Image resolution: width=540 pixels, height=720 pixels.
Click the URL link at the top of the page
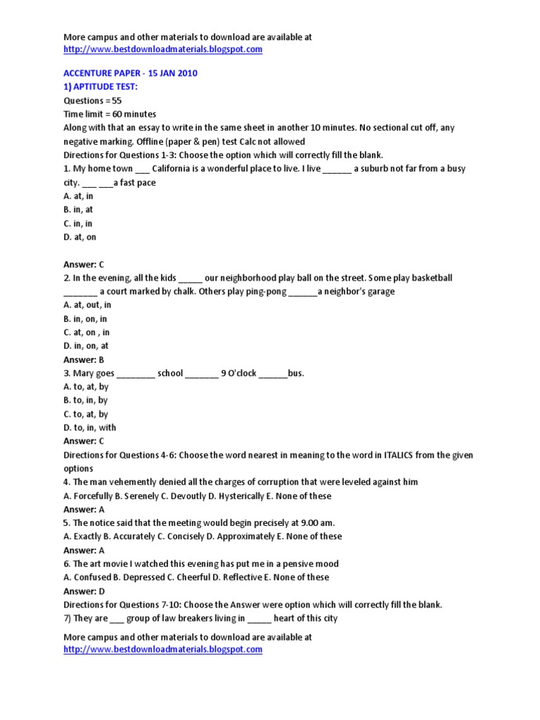pyautogui.click(x=162, y=49)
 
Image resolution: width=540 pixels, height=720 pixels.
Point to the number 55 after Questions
pyautogui.click(x=117, y=101)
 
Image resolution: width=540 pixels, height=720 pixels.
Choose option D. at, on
pyautogui.click(x=79, y=237)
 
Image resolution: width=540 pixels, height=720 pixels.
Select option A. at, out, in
pyautogui.click(x=87, y=305)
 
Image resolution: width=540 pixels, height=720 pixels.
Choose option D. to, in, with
pyautogui.click(x=90, y=427)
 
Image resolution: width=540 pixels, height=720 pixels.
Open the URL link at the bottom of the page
pyautogui.click(x=162, y=650)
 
